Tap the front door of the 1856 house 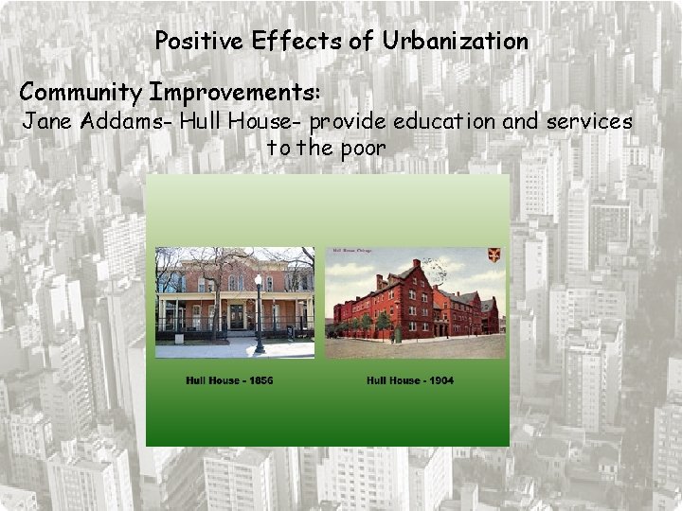point(236,316)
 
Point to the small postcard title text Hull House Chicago point(350,252)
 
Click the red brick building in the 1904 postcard point(407,303)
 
